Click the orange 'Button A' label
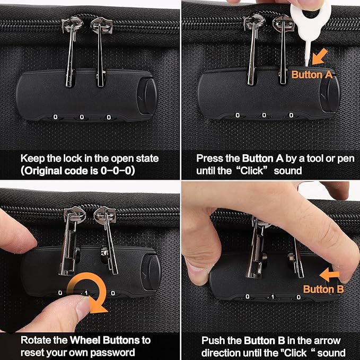[x=312, y=75]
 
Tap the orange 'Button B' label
[x=323, y=289]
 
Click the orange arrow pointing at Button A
[x=320, y=57]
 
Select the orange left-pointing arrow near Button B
[x=329, y=275]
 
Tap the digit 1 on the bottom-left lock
[x=86, y=293]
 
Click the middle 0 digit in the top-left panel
[x=82, y=117]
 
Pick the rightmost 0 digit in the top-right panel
[x=291, y=115]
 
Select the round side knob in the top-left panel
[x=147, y=96]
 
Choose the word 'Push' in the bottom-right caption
[x=210, y=340]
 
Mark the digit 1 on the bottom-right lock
[x=273, y=297]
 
